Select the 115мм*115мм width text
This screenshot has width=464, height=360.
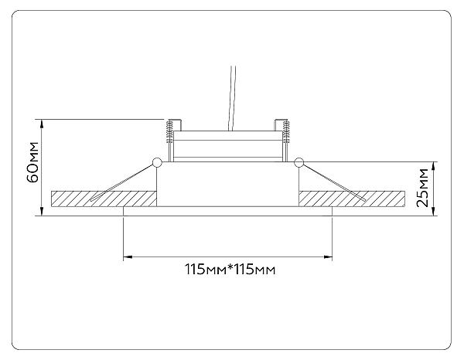[x=230, y=270]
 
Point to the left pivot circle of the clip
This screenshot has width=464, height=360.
[x=158, y=162]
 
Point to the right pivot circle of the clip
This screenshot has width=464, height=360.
[x=299, y=162]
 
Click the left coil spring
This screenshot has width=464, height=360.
[x=169, y=134]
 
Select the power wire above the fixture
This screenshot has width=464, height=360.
[x=231, y=97]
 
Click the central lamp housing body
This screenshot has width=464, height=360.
[x=228, y=185]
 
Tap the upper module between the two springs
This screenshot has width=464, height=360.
[x=228, y=145]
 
